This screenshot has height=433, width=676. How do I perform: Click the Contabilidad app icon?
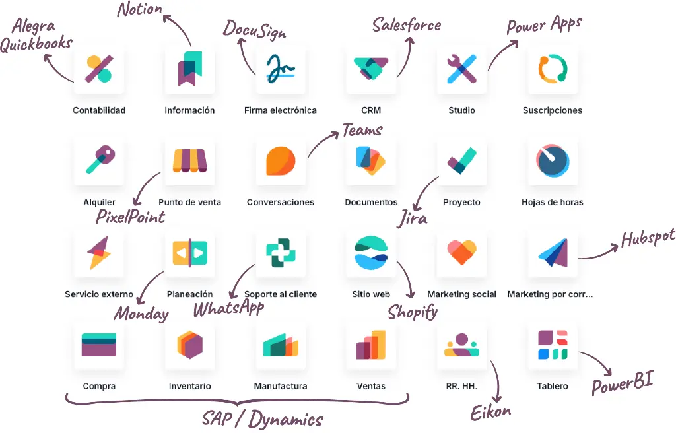coord(99,69)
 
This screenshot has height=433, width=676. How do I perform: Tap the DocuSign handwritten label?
coord(254,30)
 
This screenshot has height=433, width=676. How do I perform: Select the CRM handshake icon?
coord(371,68)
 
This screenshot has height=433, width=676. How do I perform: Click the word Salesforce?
coord(407,25)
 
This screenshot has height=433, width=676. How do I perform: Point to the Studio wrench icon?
coord(461,69)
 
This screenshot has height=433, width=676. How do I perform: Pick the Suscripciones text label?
coord(553,110)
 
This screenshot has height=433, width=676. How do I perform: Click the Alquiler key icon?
coord(100,160)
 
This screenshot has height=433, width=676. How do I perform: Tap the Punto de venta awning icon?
coord(189,160)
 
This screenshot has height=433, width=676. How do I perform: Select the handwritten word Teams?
coord(362,130)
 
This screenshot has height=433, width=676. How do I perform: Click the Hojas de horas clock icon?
coord(553,160)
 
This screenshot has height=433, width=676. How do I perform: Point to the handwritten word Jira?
coord(412,218)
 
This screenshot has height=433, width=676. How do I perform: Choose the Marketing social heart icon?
coord(461,252)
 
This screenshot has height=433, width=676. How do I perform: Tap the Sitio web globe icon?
coord(371,252)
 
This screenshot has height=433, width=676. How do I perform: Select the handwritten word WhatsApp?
coord(228,308)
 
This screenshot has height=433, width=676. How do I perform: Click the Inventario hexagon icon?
coord(189,345)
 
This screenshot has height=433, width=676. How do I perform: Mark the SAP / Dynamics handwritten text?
coord(263,418)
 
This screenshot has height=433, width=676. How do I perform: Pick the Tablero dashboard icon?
coord(553,345)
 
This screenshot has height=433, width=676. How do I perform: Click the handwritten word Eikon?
coord(490,413)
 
